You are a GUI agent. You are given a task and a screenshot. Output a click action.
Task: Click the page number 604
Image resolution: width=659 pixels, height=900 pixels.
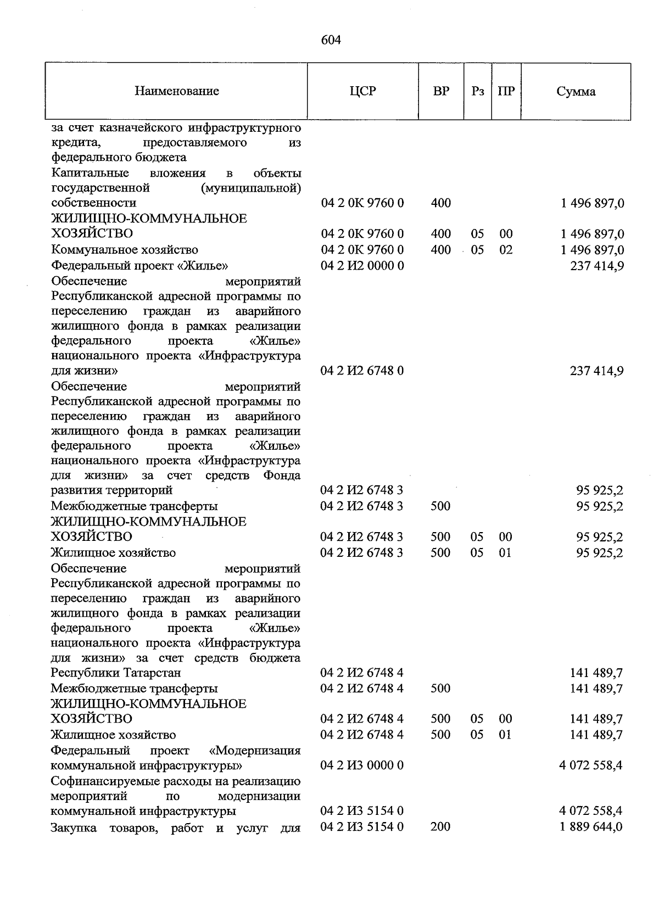point(331,40)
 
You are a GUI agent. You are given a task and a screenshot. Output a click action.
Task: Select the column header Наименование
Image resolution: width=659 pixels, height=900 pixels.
point(176,91)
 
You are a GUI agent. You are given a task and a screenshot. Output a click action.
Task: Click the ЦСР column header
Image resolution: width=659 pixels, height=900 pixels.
point(362,91)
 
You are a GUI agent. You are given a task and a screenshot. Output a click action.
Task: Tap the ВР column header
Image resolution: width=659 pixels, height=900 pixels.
point(440,91)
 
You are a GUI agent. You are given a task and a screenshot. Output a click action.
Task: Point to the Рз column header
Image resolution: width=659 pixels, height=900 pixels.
point(477,91)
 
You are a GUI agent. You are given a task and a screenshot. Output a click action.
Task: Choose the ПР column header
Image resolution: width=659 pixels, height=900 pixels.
point(506,91)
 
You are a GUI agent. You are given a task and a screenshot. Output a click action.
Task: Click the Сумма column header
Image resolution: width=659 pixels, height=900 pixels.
point(576,92)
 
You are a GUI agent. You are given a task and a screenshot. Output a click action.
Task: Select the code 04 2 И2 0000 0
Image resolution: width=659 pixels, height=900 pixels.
point(362,266)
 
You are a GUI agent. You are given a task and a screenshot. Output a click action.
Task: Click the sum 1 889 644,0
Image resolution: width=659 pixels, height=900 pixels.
point(591,826)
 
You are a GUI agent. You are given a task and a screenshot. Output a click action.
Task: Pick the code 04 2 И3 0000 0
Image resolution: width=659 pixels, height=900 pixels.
point(362,765)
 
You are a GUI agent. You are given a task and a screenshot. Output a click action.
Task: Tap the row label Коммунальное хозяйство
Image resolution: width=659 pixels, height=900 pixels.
point(124,250)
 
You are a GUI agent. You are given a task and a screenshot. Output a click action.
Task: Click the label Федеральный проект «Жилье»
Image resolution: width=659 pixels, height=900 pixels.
point(139,266)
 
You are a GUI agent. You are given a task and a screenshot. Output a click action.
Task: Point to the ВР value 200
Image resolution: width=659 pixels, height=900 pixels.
point(440,826)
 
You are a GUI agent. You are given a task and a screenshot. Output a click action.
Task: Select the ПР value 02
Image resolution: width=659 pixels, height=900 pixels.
point(505,250)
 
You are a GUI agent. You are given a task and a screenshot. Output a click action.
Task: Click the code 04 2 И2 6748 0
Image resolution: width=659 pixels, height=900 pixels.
point(362,371)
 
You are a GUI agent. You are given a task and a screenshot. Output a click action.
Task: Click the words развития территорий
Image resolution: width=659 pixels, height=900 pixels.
point(111,490)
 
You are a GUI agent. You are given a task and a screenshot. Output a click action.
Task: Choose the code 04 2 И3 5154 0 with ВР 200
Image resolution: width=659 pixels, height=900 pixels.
point(362,826)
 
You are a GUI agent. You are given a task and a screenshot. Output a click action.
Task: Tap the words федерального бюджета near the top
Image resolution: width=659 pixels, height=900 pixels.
point(119,158)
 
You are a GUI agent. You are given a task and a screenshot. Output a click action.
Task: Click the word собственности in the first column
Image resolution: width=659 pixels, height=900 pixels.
point(93,203)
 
